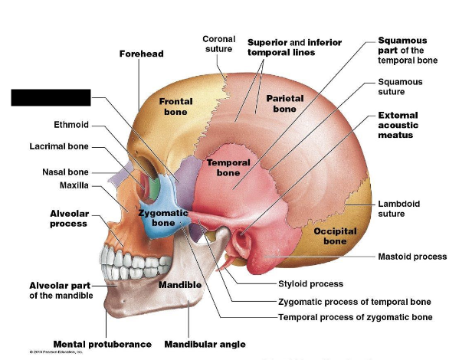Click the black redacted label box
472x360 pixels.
point(51,98)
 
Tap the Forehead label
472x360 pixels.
point(141,54)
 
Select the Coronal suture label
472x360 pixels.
point(218,44)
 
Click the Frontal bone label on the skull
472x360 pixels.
point(175,106)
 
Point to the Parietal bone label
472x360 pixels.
point(285,103)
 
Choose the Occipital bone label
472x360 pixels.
point(334,236)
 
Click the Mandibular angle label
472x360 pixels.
point(205,345)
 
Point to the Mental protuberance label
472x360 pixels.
point(102,345)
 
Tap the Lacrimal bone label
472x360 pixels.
point(59,146)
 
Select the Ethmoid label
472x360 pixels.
point(71,124)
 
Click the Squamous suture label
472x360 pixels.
point(400,86)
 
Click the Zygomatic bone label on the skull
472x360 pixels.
point(163,218)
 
